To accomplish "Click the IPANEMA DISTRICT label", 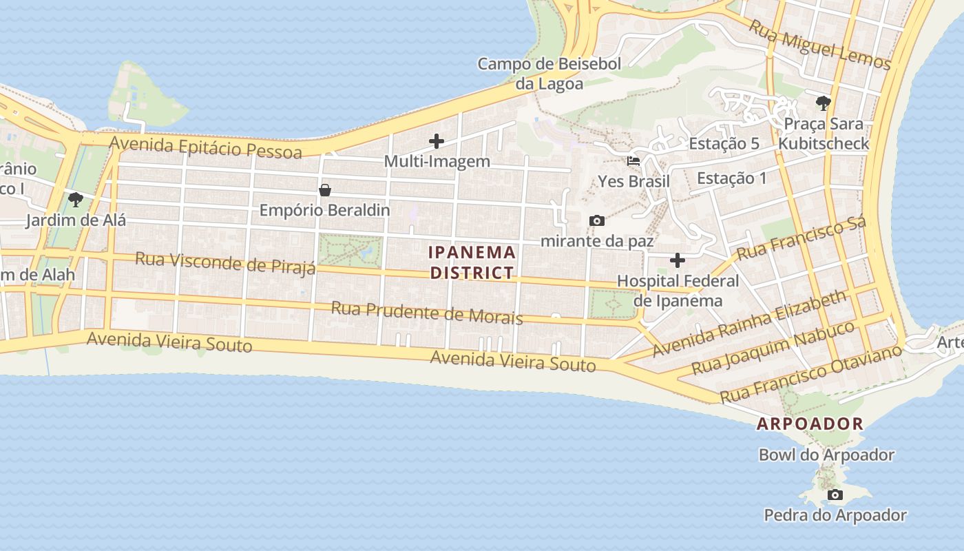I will click(472, 262).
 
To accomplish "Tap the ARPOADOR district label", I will click(810, 424).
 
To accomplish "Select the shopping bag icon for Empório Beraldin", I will click(324, 190).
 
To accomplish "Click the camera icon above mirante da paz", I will click(597, 221).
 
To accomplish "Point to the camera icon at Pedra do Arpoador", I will click(835, 495).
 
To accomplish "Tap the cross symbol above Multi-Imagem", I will click(436, 142).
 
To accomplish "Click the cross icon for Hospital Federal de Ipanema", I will click(678, 260).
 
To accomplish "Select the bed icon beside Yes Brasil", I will click(633, 161).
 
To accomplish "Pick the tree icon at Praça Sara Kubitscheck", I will click(823, 104).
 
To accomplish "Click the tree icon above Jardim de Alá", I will click(76, 200).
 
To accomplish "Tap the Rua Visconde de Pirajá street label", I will click(225, 262).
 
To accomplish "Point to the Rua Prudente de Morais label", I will click(426, 313).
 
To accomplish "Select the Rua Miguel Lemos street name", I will click(819, 45).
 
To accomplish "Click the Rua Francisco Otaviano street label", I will click(810, 374).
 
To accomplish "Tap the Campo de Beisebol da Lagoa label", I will click(549, 74).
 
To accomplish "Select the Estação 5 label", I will click(724, 144).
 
